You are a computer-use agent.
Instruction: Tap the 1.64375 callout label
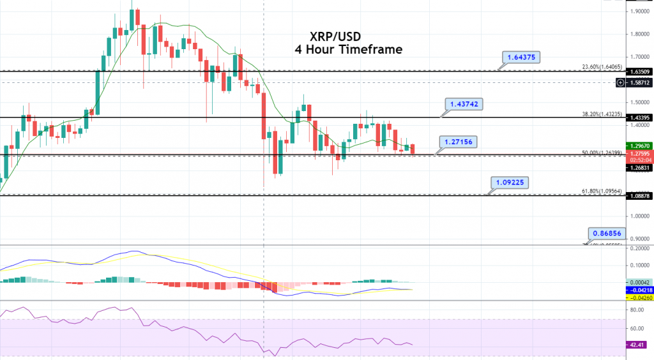(x=521, y=57)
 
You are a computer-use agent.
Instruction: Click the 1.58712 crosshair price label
(x=638, y=83)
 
